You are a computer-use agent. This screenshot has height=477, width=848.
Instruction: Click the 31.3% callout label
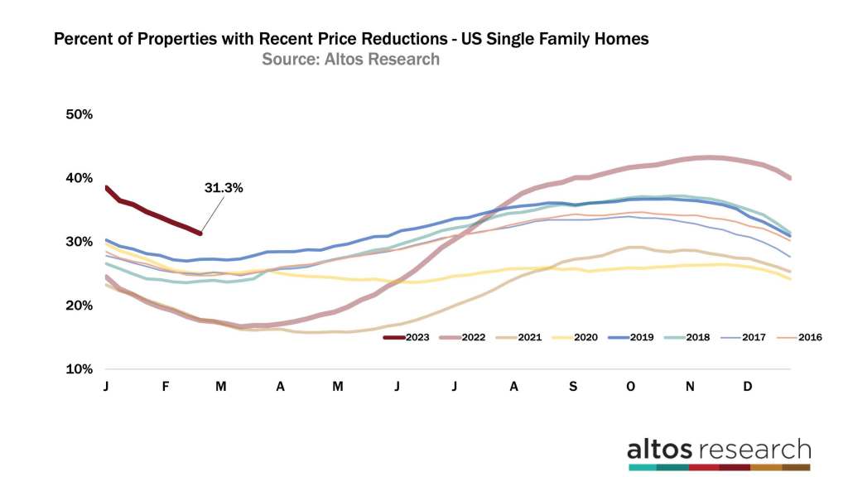(223, 188)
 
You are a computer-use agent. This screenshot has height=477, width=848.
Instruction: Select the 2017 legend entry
(754, 337)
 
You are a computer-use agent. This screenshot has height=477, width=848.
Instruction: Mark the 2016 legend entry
(808, 337)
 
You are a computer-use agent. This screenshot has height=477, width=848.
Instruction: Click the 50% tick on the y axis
(79, 114)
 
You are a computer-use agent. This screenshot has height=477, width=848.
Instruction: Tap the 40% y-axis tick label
(79, 178)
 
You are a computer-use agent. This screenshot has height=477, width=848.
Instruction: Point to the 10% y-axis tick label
(79, 369)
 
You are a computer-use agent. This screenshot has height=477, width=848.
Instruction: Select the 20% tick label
(79, 306)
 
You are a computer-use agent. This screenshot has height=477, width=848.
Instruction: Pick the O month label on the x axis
(631, 386)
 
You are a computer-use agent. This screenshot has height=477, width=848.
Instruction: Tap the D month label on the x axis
(749, 386)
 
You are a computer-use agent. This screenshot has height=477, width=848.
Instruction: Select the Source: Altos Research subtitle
(350, 60)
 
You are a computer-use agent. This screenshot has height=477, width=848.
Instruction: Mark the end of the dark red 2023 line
(200, 233)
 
